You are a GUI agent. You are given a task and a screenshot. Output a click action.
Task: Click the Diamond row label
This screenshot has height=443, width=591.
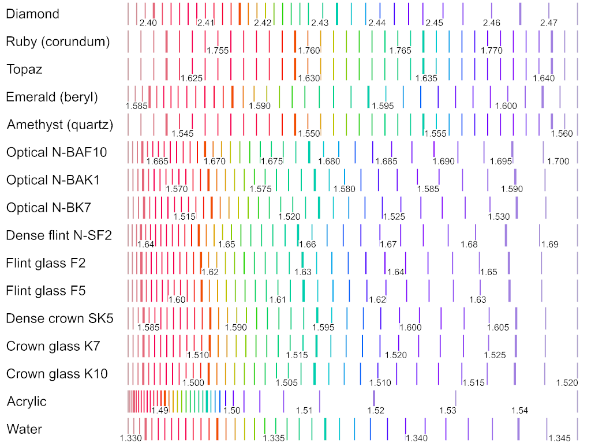point(32,14)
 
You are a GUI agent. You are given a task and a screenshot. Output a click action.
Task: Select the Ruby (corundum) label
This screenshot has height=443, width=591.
point(58,42)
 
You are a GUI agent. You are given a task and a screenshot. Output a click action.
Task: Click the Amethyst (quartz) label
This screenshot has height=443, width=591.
point(60,125)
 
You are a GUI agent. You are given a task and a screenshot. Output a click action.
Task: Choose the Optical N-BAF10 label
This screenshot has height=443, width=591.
point(57,152)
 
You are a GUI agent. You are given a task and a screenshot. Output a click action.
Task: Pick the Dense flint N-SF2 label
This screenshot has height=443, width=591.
point(59,235)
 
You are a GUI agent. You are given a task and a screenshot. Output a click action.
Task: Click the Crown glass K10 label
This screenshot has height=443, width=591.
point(57,374)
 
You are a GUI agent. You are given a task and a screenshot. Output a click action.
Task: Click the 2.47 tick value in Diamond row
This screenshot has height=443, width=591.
point(549,23)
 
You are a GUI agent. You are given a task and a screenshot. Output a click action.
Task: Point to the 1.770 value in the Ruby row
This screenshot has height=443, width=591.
point(492,51)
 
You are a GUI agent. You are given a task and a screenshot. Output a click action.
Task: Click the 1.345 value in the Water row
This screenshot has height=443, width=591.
point(560,438)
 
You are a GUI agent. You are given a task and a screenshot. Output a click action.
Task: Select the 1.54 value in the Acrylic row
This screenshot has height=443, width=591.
point(519,411)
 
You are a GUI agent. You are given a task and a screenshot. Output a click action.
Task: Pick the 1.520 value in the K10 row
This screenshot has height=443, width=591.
point(567,383)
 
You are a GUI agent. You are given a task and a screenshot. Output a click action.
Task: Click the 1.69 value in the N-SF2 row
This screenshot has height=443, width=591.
point(550,245)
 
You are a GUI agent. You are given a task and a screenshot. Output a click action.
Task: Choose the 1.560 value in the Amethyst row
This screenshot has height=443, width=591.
point(562,134)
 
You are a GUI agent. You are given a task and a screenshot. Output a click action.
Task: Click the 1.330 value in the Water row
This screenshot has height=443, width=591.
point(131,438)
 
